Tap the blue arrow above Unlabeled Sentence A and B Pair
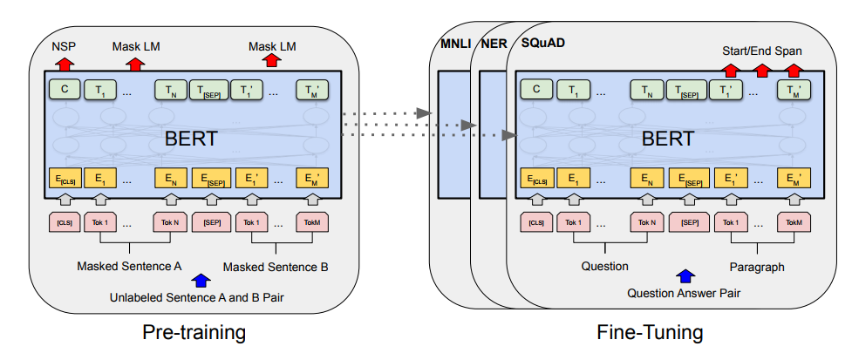click(203, 279)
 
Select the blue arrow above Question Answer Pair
click(685, 276)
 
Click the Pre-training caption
click(194, 333)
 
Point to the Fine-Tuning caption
click(651, 333)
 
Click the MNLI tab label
click(455, 43)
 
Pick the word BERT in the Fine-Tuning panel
click(668, 138)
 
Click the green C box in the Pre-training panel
click(65, 89)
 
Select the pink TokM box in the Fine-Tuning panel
click(794, 222)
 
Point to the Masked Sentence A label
click(129, 266)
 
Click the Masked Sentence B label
click(276, 266)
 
